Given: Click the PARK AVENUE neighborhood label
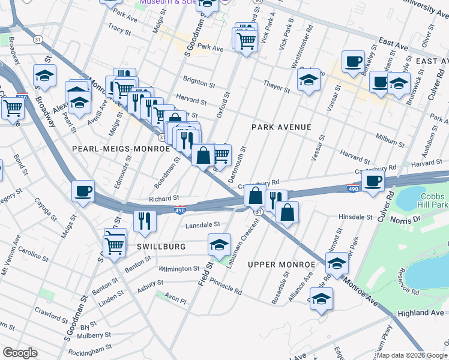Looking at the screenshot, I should click(x=281, y=127).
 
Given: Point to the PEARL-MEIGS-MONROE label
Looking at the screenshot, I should click(x=121, y=148).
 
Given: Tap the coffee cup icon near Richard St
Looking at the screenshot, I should click(x=83, y=192).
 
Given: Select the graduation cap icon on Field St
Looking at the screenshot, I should click(x=220, y=245).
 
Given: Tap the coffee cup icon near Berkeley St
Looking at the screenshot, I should click(x=354, y=61).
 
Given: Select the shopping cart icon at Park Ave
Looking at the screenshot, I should click(x=246, y=41).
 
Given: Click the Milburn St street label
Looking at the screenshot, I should click(x=390, y=140).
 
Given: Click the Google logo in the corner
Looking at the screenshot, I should click(x=20, y=353).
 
